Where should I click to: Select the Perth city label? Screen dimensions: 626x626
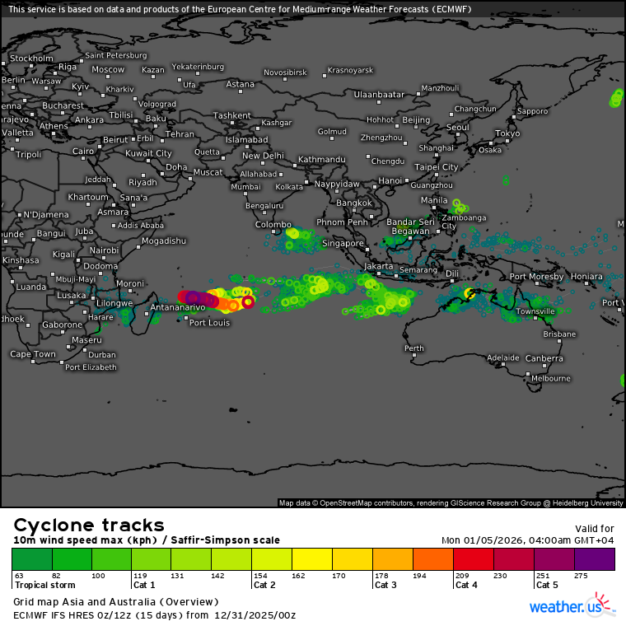(x=413, y=348)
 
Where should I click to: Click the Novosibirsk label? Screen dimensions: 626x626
(x=285, y=72)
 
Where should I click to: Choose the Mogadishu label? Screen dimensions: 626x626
(x=164, y=241)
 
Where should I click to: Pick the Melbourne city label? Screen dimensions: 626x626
(x=551, y=378)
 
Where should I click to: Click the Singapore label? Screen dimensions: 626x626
(x=343, y=244)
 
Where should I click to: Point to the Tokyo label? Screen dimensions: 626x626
(x=507, y=133)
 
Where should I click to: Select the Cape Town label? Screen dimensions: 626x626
(x=33, y=354)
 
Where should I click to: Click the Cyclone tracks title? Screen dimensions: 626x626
(x=89, y=526)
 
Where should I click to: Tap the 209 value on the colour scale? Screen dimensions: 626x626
(x=462, y=575)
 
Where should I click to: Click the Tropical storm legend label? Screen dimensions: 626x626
(x=43, y=585)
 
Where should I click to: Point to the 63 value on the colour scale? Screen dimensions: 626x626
(x=19, y=575)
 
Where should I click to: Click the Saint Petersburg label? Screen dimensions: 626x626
(x=115, y=55)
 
